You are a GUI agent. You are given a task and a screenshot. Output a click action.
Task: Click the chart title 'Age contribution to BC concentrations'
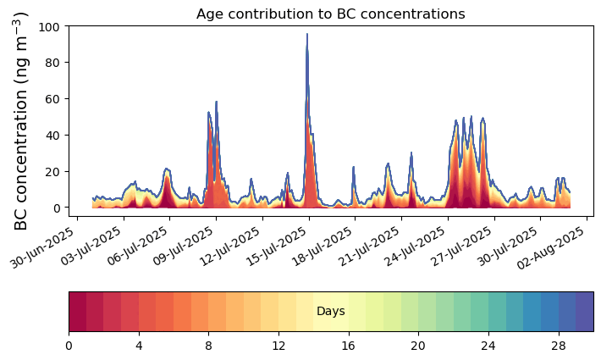[x=330, y=14]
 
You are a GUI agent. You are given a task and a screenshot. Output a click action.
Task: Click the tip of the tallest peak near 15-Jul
[x=307, y=35]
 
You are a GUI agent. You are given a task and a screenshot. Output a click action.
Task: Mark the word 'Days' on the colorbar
[x=330, y=312]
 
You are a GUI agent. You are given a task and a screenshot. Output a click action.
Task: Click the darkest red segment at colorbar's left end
[x=77, y=312]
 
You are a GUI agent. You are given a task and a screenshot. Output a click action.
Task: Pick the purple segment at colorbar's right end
[x=584, y=312]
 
